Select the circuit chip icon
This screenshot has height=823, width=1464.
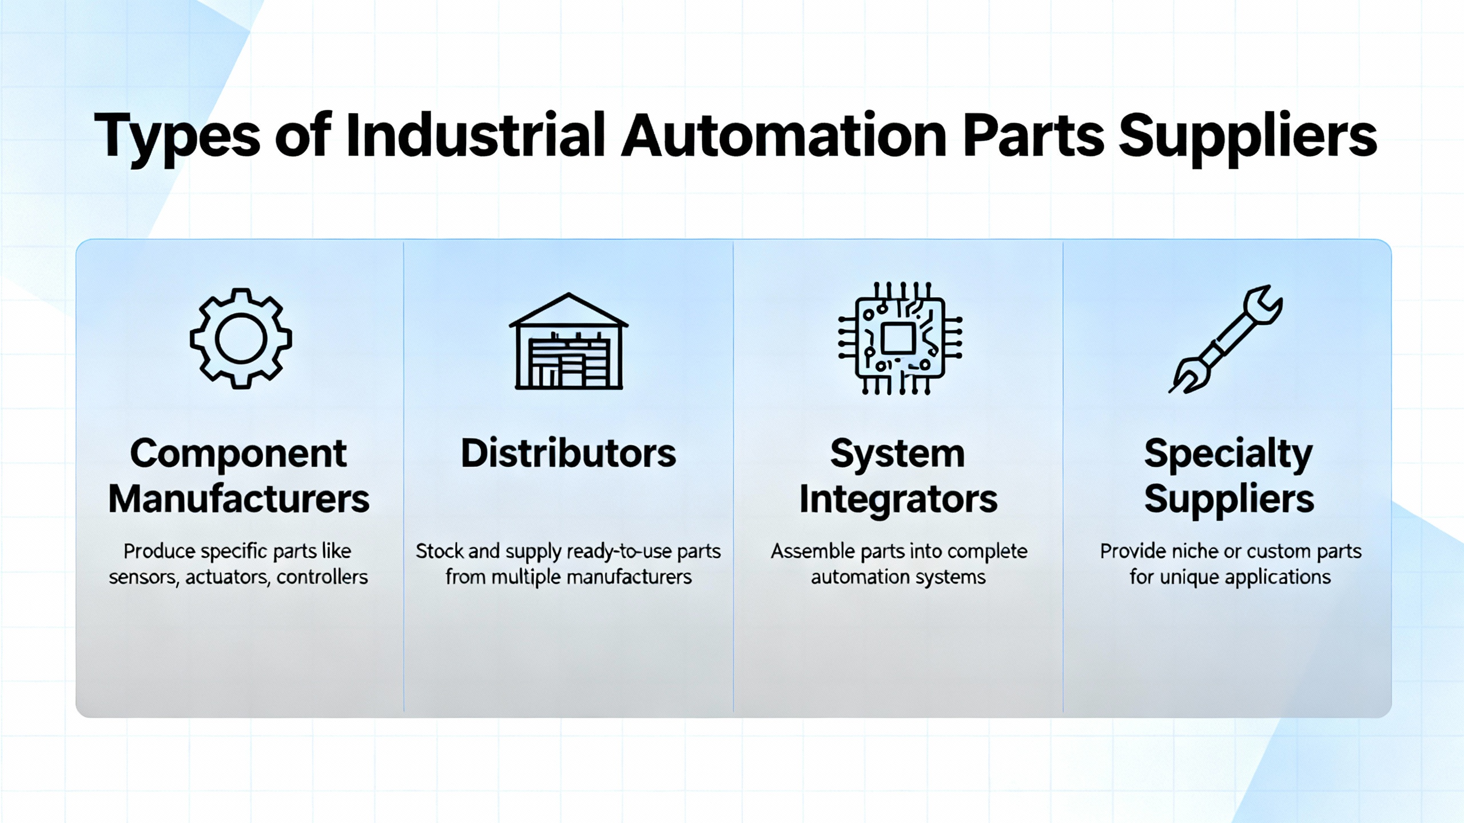[900, 338]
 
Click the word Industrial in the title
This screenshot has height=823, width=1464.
[475, 136]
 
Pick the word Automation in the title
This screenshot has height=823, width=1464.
[784, 136]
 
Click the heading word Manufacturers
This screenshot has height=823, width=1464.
[238, 499]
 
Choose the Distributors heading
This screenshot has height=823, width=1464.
[568, 453]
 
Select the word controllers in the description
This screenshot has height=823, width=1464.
[322, 577]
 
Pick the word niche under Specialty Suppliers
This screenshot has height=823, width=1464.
[1194, 551]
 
